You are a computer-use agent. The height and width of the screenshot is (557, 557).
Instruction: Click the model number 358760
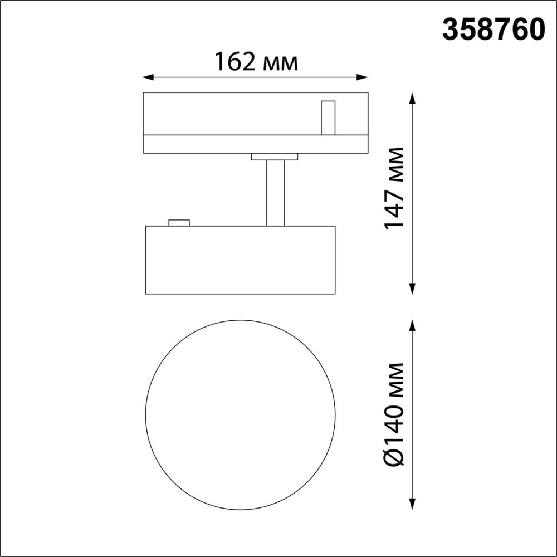[492, 30]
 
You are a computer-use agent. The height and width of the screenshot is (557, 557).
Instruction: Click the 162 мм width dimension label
[256, 62]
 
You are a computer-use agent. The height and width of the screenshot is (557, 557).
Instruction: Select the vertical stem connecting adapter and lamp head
[275, 193]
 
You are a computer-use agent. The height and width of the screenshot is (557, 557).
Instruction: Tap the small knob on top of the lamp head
[179, 223]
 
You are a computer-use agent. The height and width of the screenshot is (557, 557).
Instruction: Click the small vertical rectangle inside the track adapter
[328, 118]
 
